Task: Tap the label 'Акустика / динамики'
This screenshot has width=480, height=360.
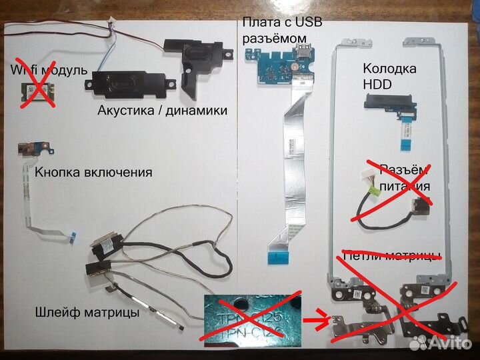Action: pos(162,110)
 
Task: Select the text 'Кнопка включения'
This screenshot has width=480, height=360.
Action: pos(93,172)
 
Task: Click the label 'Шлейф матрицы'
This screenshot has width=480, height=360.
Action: pos(87,311)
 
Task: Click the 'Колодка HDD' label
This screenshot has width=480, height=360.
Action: pos(389,75)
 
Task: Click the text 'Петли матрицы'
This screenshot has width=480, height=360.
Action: pos(391,255)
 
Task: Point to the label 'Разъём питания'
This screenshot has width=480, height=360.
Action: pos(404,177)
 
